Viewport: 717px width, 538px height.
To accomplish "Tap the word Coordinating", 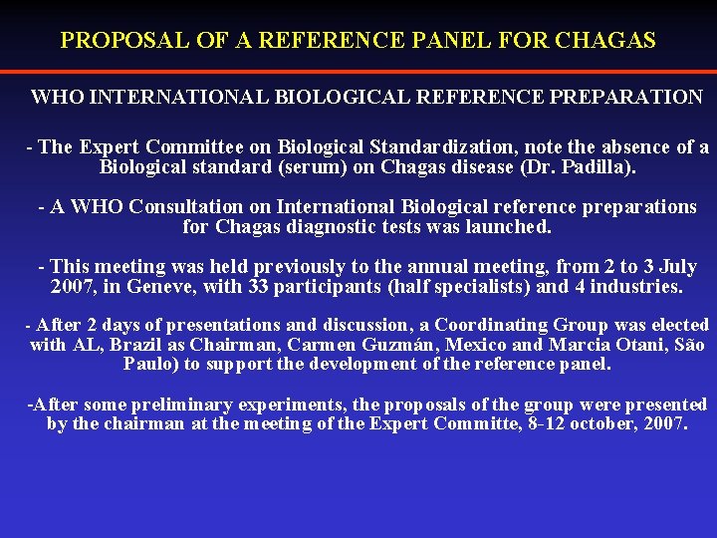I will point(490,325).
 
